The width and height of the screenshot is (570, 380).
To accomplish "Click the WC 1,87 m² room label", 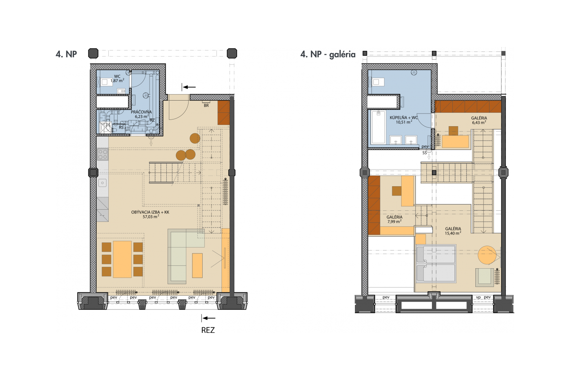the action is point(117,79).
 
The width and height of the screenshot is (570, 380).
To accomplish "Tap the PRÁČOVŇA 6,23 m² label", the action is point(141,114).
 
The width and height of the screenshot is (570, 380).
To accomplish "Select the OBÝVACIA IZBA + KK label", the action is point(150,214).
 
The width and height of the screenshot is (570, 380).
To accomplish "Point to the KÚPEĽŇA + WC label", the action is point(404,120).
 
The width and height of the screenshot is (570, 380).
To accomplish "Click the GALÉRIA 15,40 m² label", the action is point(453,231).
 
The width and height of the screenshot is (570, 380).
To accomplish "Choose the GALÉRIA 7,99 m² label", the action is point(394,219).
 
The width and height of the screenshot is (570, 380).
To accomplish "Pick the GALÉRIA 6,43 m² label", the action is point(479,120).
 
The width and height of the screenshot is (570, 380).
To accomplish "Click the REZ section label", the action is point(208,330).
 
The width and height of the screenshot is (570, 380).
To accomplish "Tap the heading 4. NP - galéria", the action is point(328,55).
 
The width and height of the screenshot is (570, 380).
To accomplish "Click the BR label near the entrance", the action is point(206,105).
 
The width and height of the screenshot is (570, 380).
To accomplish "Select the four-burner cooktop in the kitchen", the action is point(103,154).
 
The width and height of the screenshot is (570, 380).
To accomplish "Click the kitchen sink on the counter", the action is point(102,183).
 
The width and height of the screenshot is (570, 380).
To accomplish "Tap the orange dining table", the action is point(122,259).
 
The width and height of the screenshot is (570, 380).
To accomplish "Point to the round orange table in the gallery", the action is point(487,255).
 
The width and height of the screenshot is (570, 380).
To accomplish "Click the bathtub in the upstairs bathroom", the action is point(379,127).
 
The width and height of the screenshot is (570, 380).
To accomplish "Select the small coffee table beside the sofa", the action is point(197,265).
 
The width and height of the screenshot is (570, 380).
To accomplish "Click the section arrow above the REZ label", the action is point(209,318).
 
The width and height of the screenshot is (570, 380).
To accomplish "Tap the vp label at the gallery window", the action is point(478,297).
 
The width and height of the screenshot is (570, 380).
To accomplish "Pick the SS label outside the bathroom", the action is point(425,153).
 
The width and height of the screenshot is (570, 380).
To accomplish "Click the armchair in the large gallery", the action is point(485,277).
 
